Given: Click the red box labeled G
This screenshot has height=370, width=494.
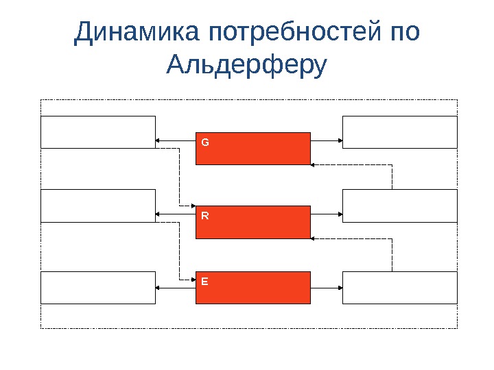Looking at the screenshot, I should click(x=252, y=149).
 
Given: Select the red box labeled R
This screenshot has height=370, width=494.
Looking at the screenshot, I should click(x=252, y=222).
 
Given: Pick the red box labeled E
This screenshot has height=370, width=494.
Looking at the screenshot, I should click(x=252, y=287).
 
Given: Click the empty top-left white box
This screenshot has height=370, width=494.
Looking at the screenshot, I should click(x=98, y=132).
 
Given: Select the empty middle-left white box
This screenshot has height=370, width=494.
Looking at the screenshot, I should click(x=98, y=206).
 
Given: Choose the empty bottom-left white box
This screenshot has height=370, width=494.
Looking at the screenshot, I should click(x=98, y=287).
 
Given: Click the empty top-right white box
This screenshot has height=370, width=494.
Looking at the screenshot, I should click(x=399, y=132).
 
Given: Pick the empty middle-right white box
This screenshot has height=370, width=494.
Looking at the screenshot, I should click(x=399, y=206).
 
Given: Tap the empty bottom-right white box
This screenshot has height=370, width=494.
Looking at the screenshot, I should click(x=399, y=287).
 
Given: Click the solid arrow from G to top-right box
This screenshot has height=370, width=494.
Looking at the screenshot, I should click(x=327, y=140).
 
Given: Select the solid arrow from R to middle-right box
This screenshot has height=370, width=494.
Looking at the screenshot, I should click(x=327, y=214).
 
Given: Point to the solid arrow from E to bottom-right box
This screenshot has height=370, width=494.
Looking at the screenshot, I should click(x=327, y=288).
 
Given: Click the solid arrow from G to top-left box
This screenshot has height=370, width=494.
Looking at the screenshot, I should click(x=176, y=140).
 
